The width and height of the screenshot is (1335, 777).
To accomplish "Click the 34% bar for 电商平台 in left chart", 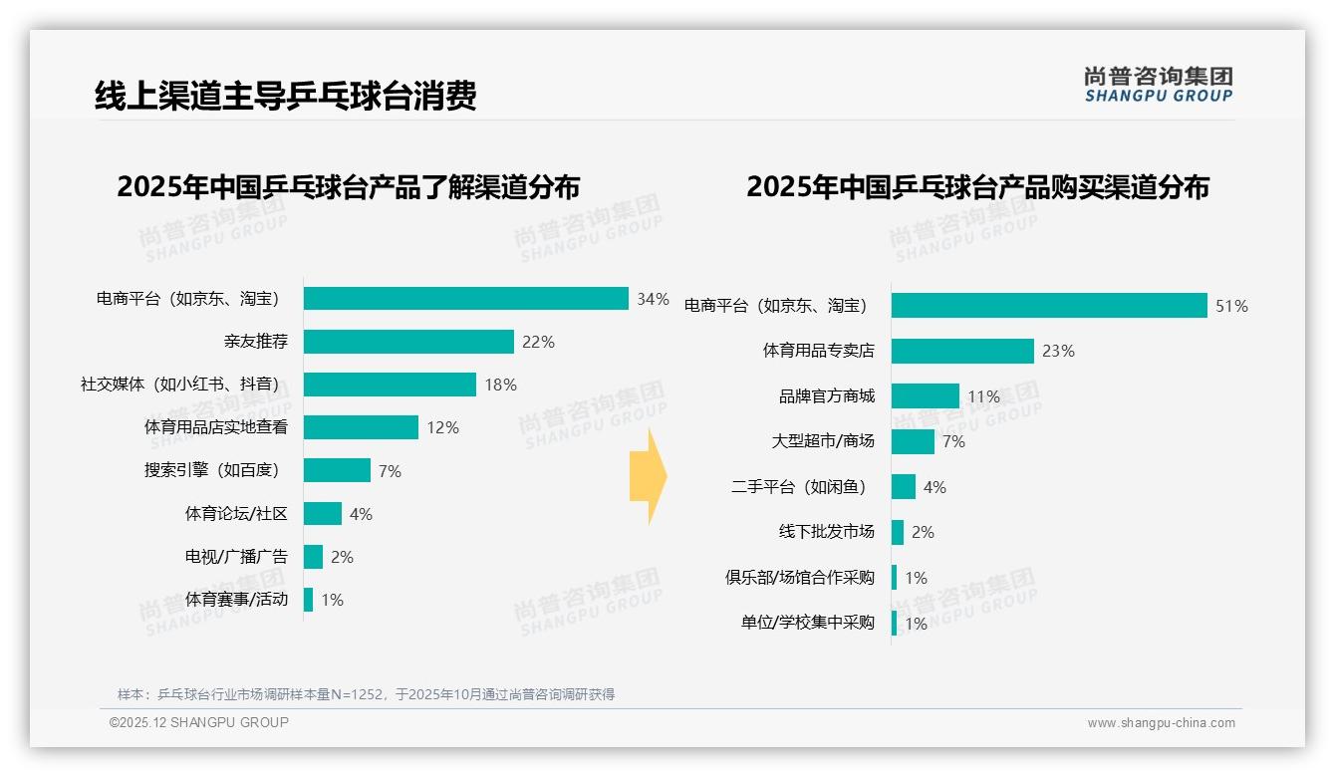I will tap(465, 299).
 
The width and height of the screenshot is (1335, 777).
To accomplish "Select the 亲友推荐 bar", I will tap(408, 342).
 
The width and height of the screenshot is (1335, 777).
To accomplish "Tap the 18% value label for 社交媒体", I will tap(500, 385).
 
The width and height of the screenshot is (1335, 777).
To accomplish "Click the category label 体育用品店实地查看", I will tap(216, 427).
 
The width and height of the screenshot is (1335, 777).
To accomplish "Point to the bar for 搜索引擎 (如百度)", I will tap(337, 470).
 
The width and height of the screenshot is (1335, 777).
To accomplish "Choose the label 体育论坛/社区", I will tap(236, 514).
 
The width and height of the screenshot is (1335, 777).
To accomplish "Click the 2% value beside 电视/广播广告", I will tap(342, 557).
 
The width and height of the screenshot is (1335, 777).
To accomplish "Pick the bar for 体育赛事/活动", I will tap(308, 600).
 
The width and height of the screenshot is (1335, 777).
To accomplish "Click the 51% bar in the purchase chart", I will tap(1049, 306).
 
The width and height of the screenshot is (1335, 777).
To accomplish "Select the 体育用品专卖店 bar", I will tap(962, 351).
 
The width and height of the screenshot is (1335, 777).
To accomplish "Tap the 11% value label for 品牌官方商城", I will tap(983, 396).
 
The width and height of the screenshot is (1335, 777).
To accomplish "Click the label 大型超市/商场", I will tap(823, 441).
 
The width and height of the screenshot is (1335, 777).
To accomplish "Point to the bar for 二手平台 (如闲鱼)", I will tap(903, 487).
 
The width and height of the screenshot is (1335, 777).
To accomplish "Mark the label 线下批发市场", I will tap(826, 532).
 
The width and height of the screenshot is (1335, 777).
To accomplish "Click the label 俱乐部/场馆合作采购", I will tap(800, 578).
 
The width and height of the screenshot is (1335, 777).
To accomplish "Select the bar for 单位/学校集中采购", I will tap(894, 624).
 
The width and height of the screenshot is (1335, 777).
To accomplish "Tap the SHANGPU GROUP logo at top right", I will tap(1158, 85).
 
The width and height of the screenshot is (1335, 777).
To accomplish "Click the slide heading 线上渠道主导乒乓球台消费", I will tap(286, 96).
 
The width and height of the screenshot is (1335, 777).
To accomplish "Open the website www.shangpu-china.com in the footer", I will tap(1161, 723).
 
